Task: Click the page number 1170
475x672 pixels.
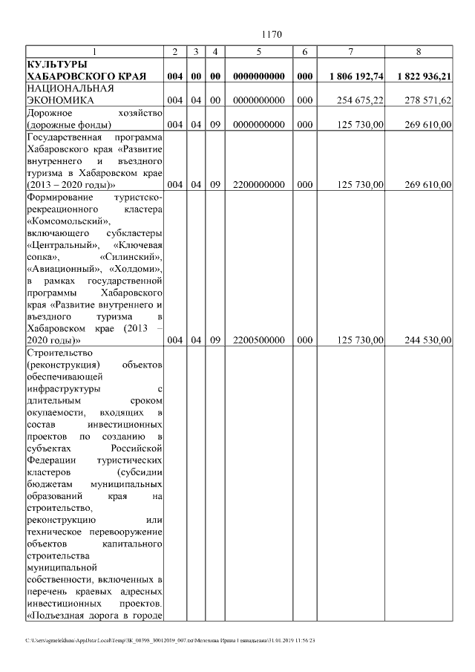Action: tap(272, 34)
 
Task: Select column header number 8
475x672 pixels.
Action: tap(419, 51)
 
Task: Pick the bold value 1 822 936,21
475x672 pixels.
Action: tap(424, 76)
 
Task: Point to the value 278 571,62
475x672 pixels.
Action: tap(425, 100)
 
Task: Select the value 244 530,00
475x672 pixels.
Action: tap(425, 340)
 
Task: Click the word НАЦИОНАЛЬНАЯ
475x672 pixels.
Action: tap(68, 88)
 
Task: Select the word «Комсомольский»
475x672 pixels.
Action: tap(68, 221)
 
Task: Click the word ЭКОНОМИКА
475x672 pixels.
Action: tap(59, 100)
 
